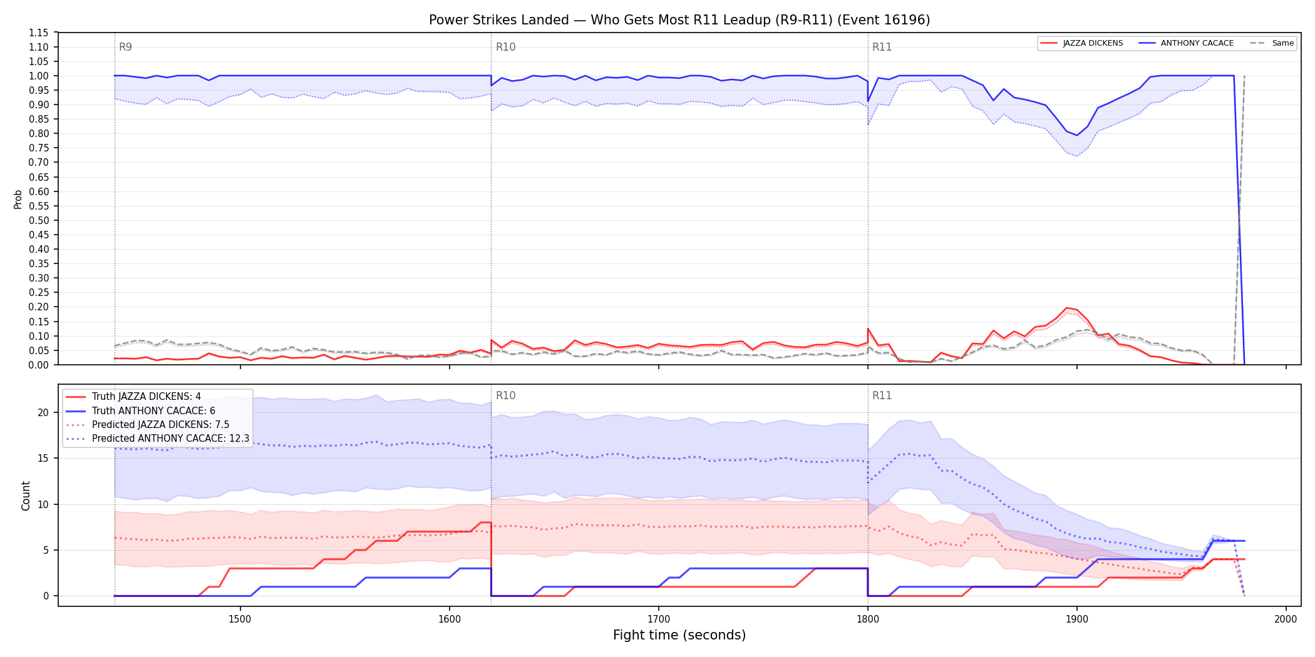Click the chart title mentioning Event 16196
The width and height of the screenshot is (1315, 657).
[679, 20]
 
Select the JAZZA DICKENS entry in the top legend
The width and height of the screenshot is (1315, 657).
[1081, 43]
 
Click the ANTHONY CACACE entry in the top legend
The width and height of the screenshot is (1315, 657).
[1186, 43]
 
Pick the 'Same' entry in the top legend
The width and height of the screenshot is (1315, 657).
[1272, 43]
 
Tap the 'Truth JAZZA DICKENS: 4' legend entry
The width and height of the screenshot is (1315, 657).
[133, 397]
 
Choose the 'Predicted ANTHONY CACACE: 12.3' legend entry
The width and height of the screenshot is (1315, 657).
[158, 439]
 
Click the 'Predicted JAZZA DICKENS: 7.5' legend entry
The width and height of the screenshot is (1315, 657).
[148, 425]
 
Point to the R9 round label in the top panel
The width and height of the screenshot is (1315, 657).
[125, 47]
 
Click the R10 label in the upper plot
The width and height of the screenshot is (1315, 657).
[505, 47]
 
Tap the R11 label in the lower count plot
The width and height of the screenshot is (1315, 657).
[882, 395]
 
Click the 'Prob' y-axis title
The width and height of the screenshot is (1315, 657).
[18, 199]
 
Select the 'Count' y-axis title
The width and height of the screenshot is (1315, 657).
[26, 496]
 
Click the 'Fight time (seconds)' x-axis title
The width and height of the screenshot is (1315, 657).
[679, 635]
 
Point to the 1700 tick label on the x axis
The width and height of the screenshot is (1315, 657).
[658, 619]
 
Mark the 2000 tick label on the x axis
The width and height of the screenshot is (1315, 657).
[1286, 619]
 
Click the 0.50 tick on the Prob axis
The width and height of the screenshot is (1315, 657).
[39, 220]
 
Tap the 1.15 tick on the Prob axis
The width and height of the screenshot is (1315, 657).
[39, 33]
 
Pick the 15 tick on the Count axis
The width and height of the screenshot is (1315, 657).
[43, 458]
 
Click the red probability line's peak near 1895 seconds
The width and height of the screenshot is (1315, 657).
[1066, 308]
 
